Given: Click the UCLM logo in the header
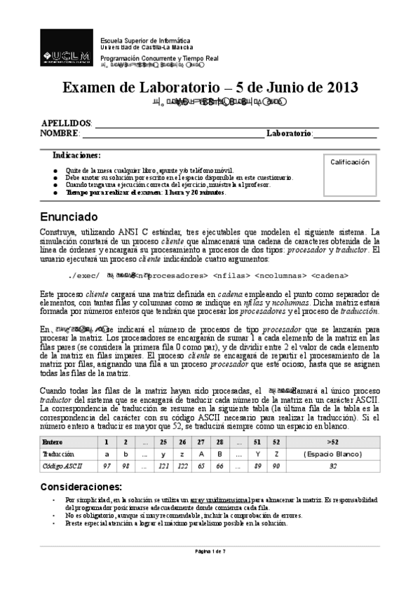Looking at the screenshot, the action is (67, 54).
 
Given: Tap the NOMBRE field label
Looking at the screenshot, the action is (60, 133).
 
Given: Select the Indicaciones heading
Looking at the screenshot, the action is (76, 155).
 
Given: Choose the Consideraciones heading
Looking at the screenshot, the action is (81, 486).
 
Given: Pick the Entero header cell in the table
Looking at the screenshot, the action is (52, 443).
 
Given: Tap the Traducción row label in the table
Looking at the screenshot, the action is (58, 454).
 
